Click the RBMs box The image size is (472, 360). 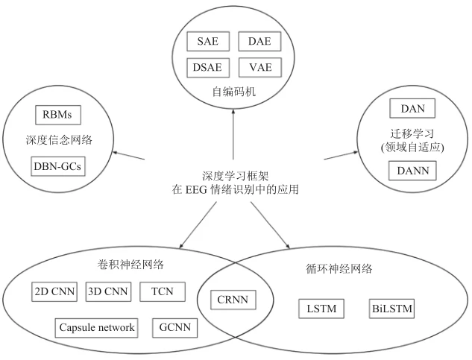pyautogui.click(x=57, y=116)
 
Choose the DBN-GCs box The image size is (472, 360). pyautogui.click(x=57, y=165)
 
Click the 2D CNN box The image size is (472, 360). pyautogui.click(x=54, y=291)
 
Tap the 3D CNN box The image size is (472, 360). pyautogui.click(x=107, y=291)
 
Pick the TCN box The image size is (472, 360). pyautogui.click(x=157, y=291)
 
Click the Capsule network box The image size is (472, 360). pyautogui.click(x=97, y=327)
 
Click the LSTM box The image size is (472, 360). pyautogui.click(x=322, y=308)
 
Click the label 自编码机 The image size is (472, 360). pyautogui.click(x=233, y=93)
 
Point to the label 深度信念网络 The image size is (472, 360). pyautogui.click(x=57, y=140)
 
